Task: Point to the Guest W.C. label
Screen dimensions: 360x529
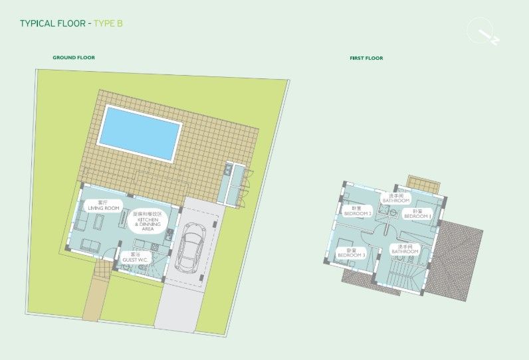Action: coord(135,257)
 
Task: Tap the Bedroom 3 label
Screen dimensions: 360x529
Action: coord(352,253)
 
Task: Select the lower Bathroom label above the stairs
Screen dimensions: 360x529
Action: coord(405,249)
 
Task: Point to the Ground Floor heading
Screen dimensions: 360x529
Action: coord(74,58)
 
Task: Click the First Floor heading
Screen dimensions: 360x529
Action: coord(366,58)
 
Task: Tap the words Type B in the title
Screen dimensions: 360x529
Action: coord(108,23)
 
